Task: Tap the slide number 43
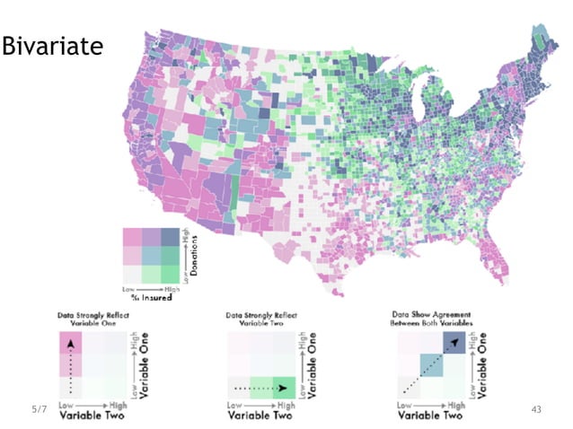[x=537, y=409]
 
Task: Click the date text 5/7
[x=38, y=409]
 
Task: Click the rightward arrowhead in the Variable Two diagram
[x=284, y=389]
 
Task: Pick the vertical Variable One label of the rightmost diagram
[x=485, y=356]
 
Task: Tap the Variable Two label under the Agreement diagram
[x=430, y=416]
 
